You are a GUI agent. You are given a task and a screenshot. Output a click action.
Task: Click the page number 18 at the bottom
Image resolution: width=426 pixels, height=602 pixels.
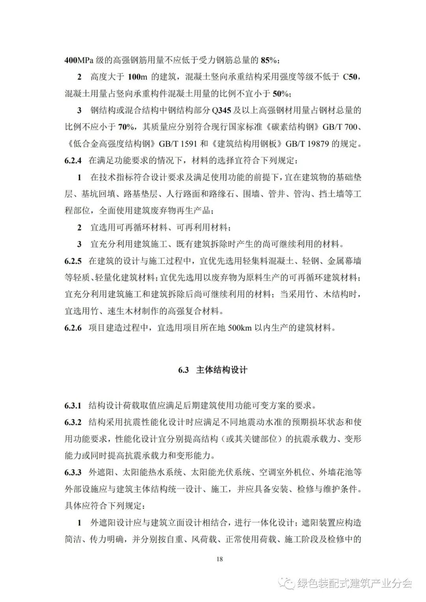(x=220, y=559)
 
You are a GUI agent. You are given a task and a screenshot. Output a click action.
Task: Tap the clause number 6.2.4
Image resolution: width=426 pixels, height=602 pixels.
(x=73, y=160)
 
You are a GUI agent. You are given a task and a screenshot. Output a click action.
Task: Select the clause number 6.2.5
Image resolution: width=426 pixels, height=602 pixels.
(x=73, y=261)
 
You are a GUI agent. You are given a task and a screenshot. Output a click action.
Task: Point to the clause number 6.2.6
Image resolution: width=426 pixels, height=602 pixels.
(x=73, y=328)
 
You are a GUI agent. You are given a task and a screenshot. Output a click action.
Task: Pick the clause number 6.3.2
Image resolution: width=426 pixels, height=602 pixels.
(x=73, y=422)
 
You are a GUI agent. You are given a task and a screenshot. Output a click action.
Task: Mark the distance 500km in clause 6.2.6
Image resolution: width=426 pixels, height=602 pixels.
(x=240, y=328)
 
